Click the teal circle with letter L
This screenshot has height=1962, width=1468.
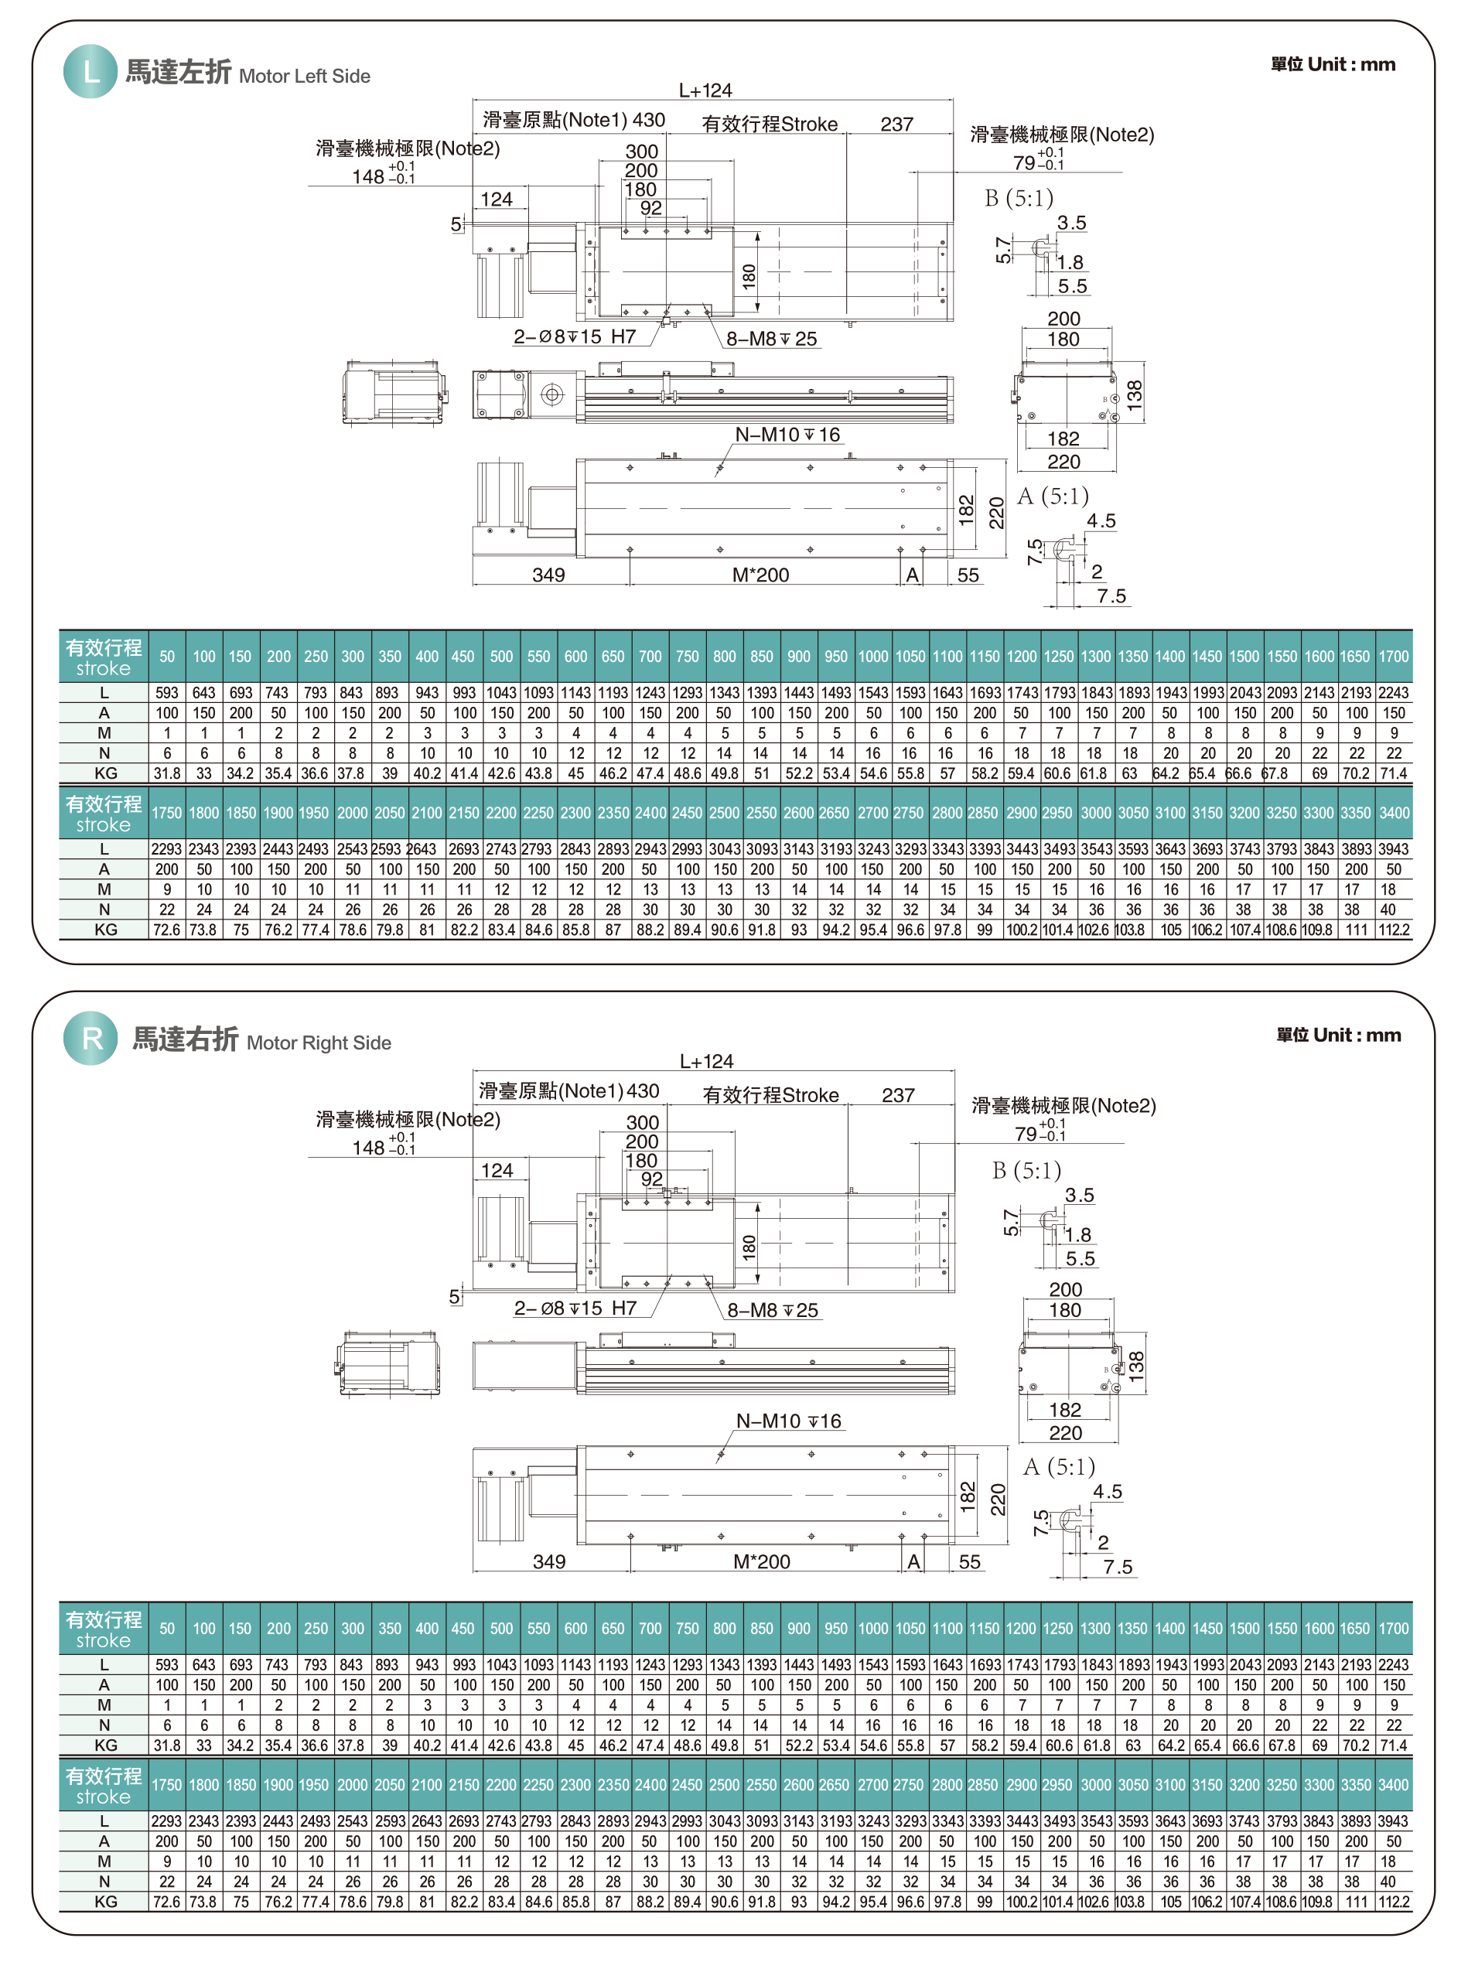click(x=90, y=71)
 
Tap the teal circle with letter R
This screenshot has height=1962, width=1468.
click(x=90, y=1038)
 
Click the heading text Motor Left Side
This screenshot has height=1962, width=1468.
click(x=304, y=77)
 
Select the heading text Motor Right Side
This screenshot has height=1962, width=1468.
click(x=319, y=1043)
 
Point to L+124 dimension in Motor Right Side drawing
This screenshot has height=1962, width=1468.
click(x=706, y=1061)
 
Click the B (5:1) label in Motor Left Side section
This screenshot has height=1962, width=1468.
click(x=1019, y=198)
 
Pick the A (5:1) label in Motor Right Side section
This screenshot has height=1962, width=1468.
click(x=1059, y=1466)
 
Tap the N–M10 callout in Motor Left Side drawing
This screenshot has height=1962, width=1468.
click(x=787, y=435)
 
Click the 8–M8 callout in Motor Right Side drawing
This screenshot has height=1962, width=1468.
click(x=773, y=1310)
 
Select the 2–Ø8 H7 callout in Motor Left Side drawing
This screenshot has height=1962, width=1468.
click(x=575, y=337)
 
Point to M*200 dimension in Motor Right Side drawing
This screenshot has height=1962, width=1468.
click(x=761, y=1561)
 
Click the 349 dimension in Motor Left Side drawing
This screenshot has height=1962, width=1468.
click(x=548, y=575)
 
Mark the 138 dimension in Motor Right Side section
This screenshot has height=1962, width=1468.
click(x=1136, y=1363)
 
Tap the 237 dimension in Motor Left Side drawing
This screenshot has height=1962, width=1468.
click(x=896, y=125)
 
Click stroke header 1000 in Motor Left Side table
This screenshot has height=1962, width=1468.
click(x=872, y=657)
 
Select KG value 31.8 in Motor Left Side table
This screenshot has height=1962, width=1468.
click(x=167, y=773)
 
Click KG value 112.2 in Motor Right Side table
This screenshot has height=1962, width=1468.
click(x=1393, y=1902)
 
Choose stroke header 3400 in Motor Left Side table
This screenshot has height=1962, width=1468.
click(x=1393, y=813)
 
